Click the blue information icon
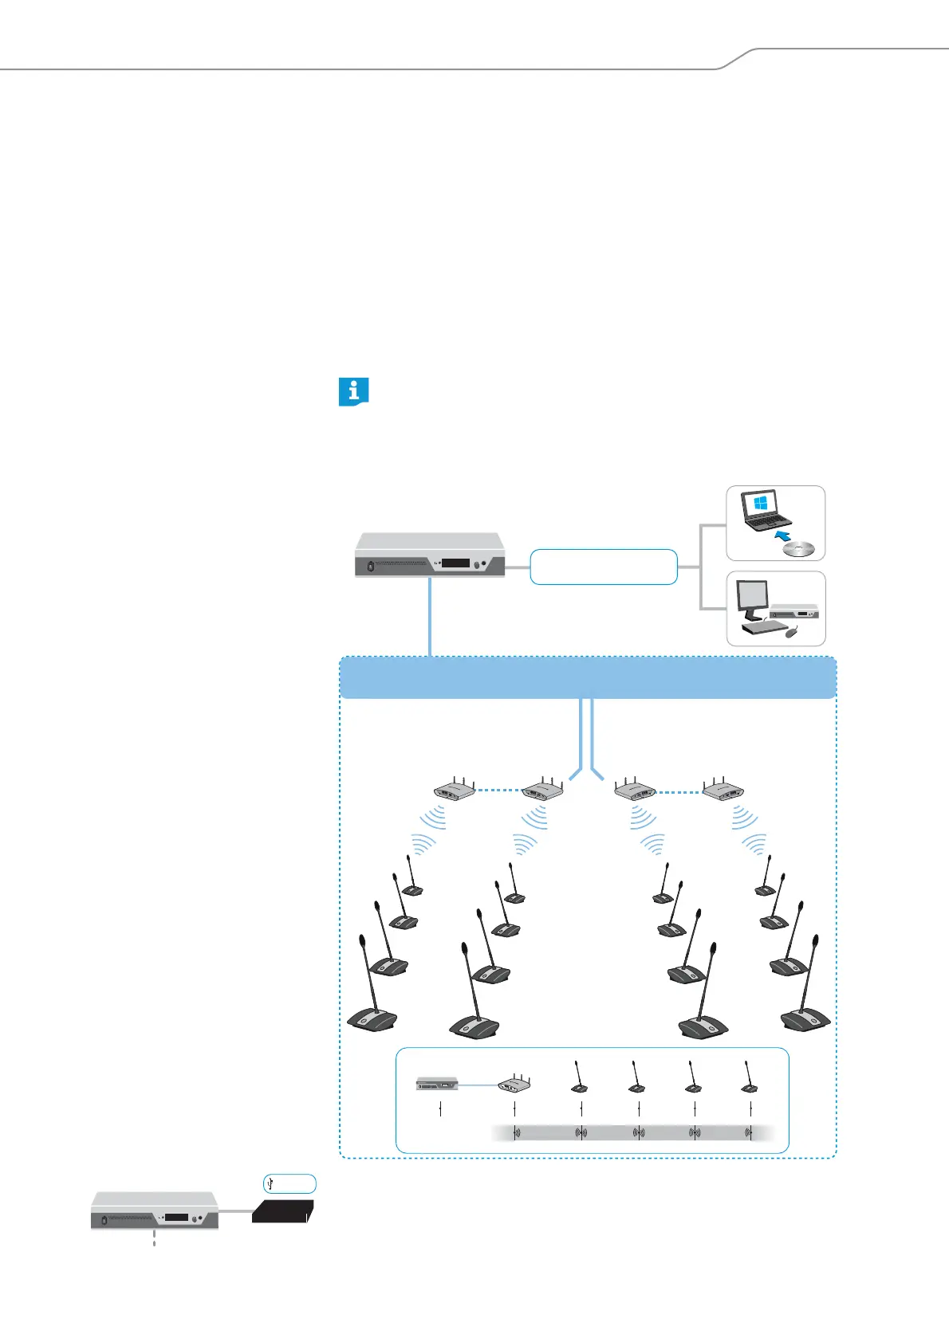point(353,392)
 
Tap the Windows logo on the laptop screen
point(760,504)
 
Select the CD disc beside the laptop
point(799,549)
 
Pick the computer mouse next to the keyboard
point(791,634)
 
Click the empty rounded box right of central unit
point(604,567)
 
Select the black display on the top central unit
point(455,563)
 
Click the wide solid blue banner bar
point(589,678)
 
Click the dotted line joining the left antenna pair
point(498,791)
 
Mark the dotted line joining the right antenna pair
point(679,791)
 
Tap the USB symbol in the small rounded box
point(272,1183)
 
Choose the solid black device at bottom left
point(283,1211)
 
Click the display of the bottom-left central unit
point(176,1218)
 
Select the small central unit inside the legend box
point(437,1084)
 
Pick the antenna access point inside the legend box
point(514,1084)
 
